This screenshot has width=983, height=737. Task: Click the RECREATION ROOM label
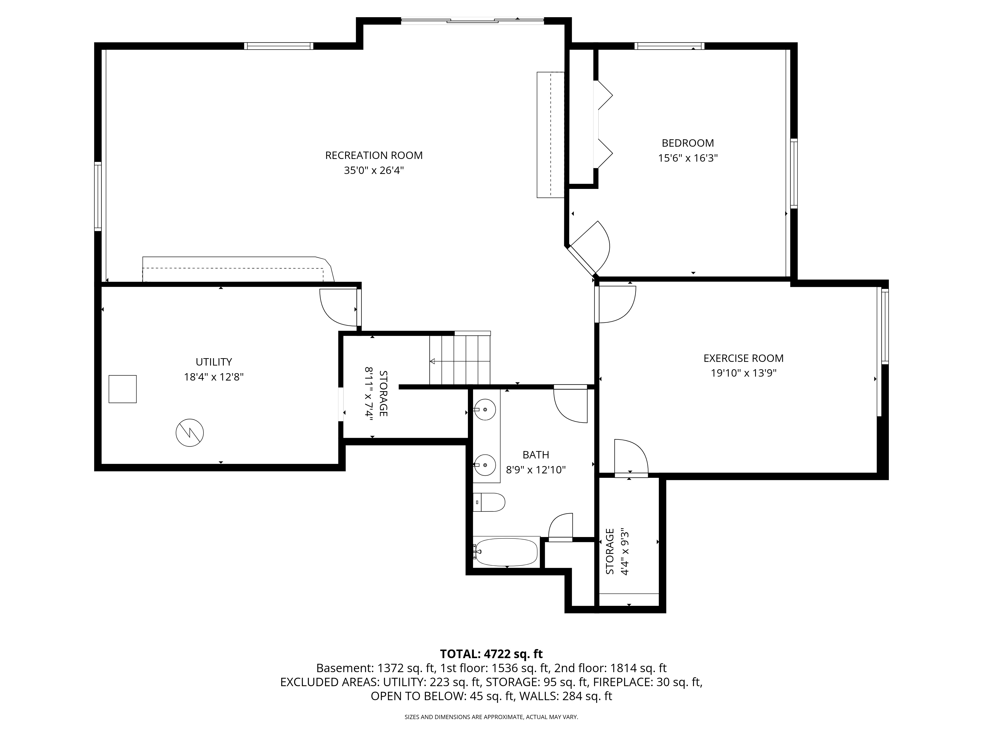(x=374, y=156)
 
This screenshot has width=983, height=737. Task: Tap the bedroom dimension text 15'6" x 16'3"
(x=688, y=158)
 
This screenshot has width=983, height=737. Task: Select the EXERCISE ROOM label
(x=743, y=358)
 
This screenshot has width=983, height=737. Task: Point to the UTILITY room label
(x=214, y=362)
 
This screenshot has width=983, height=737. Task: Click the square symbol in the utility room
(x=123, y=389)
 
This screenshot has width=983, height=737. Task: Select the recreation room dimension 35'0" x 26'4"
(x=374, y=170)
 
